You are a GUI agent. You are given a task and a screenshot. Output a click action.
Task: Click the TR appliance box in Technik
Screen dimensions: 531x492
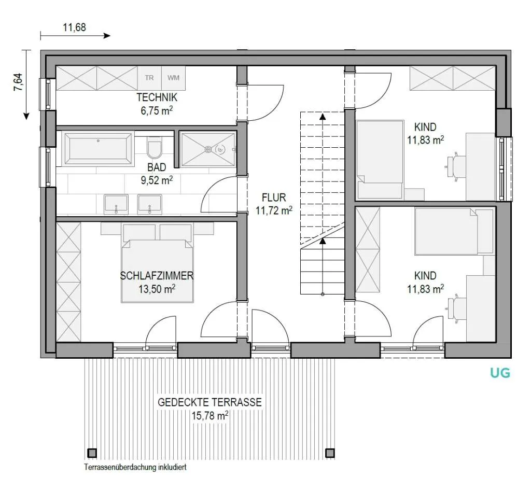point(149,78)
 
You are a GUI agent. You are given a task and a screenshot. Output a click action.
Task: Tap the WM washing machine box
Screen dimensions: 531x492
point(173,78)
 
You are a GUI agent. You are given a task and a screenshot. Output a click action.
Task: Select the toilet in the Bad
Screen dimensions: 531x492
point(155,147)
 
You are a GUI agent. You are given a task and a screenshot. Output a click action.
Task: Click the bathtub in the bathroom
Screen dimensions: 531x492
point(98,149)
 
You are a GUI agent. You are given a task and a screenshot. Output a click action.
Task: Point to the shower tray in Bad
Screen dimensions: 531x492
point(207,149)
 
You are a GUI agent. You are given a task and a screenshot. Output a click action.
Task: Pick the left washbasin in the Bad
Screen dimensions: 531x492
point(116,204)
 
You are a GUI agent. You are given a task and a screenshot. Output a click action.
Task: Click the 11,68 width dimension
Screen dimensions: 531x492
point(75,27)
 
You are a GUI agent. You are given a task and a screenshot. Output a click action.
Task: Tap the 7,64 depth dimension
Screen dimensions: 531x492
point(18,82)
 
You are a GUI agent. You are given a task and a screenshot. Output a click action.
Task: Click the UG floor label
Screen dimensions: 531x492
point(500,373)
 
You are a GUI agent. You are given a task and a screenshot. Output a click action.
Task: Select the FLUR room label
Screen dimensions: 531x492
point(274,198)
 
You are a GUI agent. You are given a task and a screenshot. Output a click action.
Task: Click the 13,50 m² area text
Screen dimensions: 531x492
point(157,289)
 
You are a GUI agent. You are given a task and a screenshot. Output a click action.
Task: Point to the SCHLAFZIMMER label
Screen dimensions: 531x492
point(157,276)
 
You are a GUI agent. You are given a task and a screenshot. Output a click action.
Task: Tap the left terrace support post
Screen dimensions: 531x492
point(92,453)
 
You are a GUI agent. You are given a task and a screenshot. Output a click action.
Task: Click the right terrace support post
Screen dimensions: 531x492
point(330,453)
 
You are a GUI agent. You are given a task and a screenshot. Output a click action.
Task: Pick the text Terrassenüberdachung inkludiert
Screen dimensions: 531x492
point(135,467)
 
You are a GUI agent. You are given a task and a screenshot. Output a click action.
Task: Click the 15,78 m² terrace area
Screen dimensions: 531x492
point(210,415)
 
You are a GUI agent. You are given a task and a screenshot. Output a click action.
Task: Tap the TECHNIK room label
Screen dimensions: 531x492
point(157,97)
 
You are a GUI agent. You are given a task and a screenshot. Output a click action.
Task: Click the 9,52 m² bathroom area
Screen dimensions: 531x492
point(157,180)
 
